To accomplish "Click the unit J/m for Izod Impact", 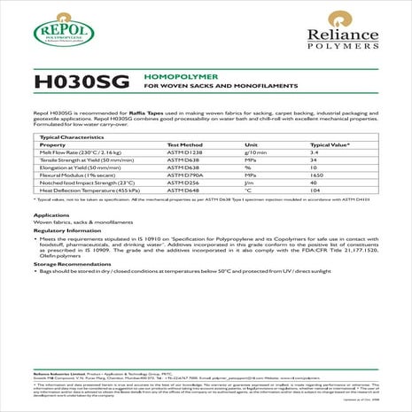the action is (250, 183).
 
